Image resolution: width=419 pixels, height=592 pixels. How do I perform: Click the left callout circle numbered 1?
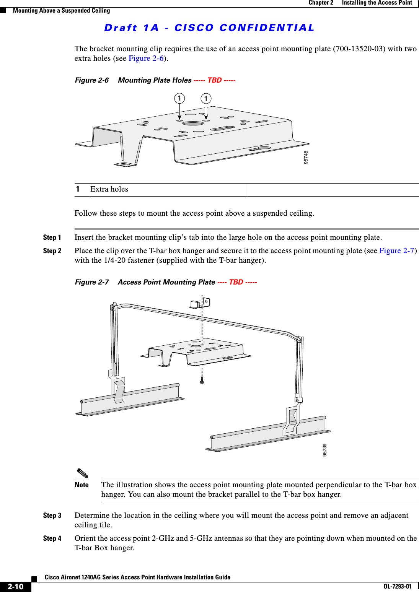pyautogui.click(x=179, y=98)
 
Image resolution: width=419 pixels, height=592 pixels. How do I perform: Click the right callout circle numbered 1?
pyautogui.click(x=206, y=99)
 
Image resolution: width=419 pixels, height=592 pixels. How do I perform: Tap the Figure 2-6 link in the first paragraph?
pyautogui.click(x=146, y=59)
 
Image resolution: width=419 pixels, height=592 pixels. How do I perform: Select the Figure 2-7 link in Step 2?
pyautogui.click(x=397, y=251)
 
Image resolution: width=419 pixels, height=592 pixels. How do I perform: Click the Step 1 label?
pyautogui.click(x=52, y=237)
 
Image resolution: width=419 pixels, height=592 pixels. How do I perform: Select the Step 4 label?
pyautogui.click(x=52, y=538)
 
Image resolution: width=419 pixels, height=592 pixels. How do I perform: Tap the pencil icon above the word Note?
pyautogui.click(x=82, y=473)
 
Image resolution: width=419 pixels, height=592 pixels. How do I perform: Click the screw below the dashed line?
pyautogui.click(x=202, y=380)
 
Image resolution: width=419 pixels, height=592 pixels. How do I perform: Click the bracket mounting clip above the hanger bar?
pyautogui.click(x=200, y=304)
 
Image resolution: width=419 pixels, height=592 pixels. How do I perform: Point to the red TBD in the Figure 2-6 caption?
pyautogui.click(x=214, y=80)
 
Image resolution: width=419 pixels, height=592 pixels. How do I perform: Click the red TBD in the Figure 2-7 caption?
pyautogui.click(x=236, y=282)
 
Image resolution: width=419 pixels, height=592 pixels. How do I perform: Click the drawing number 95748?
pyautogui.click(x=306, y=157)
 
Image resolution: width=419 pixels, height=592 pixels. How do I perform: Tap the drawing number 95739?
pyautogui.click(x=325, y=450)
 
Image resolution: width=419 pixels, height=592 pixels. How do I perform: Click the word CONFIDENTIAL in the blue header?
pyautogui.click(x=267, y=28)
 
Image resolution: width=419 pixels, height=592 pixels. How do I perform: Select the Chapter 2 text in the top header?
pyautogui.click(x=321, y=3)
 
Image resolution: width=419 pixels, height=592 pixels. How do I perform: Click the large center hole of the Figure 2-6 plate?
pyautogui.click(x=193, y=124)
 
